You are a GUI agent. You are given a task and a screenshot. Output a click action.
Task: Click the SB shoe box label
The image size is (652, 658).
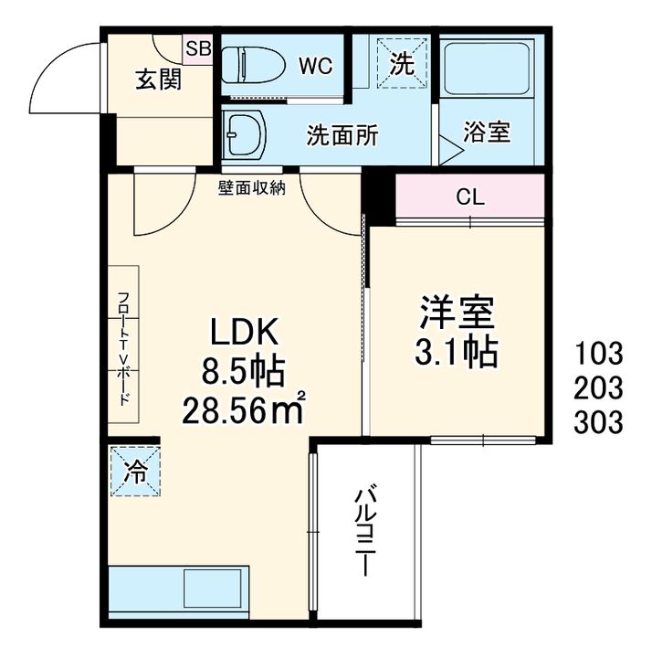pyautogui.click(x=198, y=48)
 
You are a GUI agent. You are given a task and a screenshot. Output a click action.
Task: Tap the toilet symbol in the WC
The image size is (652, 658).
pyautogui.click(x=253, y=65)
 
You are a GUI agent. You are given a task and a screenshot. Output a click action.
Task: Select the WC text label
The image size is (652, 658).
pyautogui.click(x=315, y=66)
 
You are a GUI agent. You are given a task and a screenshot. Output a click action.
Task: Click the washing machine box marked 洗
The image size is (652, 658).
pyautogui.click(x=402, y=63)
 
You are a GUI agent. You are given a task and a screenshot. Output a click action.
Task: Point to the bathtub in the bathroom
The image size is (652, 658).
pyautogui.click(x=487, y=68)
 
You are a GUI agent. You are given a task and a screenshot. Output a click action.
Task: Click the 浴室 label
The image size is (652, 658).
pyautogui.click(x=487, y=132)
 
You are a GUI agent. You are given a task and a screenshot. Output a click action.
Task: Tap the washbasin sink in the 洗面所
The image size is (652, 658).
pyautogui.click(x=245, y=134)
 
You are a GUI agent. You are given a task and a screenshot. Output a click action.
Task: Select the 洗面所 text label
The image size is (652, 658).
pyautogui.click(x=342, y=135)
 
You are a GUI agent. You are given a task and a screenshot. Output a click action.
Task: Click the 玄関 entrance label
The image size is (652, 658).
pyautogui.click(x=159, y=80)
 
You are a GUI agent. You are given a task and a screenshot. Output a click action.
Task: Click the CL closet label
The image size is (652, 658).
pyautogui.click(x=470, y=196)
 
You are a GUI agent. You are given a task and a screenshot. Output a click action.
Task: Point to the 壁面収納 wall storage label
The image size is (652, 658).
pyautogui.click(x=251, y=188)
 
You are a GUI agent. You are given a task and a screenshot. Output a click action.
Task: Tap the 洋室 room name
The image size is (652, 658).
pyautogui.click(x=457, y=313)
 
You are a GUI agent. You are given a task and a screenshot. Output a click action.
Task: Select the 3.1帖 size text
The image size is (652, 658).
pyautogui.click(x=457, y=352)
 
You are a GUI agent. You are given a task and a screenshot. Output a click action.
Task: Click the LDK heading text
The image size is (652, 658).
pyautogui.click(x=244, y=331)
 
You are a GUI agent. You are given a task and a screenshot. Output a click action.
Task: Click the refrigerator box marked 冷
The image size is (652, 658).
pyautogui.click(x=135, y=472)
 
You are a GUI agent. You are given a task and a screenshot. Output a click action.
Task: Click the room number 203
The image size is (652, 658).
pyautogui.click(x=598, y=387)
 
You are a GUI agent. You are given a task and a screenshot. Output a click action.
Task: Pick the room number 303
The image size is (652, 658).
pyautogui.click(x=598, y=421)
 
